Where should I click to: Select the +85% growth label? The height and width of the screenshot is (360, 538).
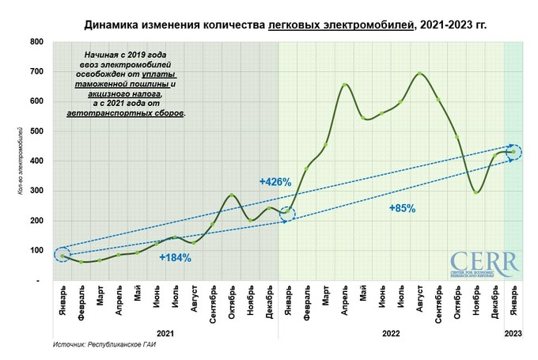click(x=402, y=208)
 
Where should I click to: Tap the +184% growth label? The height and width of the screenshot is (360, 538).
click(x=175, y=257)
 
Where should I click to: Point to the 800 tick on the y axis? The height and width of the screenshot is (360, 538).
click(x=37, y=40)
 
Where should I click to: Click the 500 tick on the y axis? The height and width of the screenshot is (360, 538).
click(x=37, y=131)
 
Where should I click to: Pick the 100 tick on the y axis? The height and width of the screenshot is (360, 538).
click(x=37, y=251)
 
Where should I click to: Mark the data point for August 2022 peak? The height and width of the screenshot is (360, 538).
click(x=419, y=74)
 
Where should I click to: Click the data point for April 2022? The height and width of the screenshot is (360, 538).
click(x=344, y=85)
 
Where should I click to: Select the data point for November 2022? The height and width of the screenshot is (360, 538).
click(x=475, y=192)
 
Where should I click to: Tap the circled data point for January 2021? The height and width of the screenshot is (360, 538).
click(x=62, y=256)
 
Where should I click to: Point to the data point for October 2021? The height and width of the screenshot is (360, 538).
click(x=232, y=195)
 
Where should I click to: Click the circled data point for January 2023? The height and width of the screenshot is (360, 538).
click(x=513, y=152)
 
